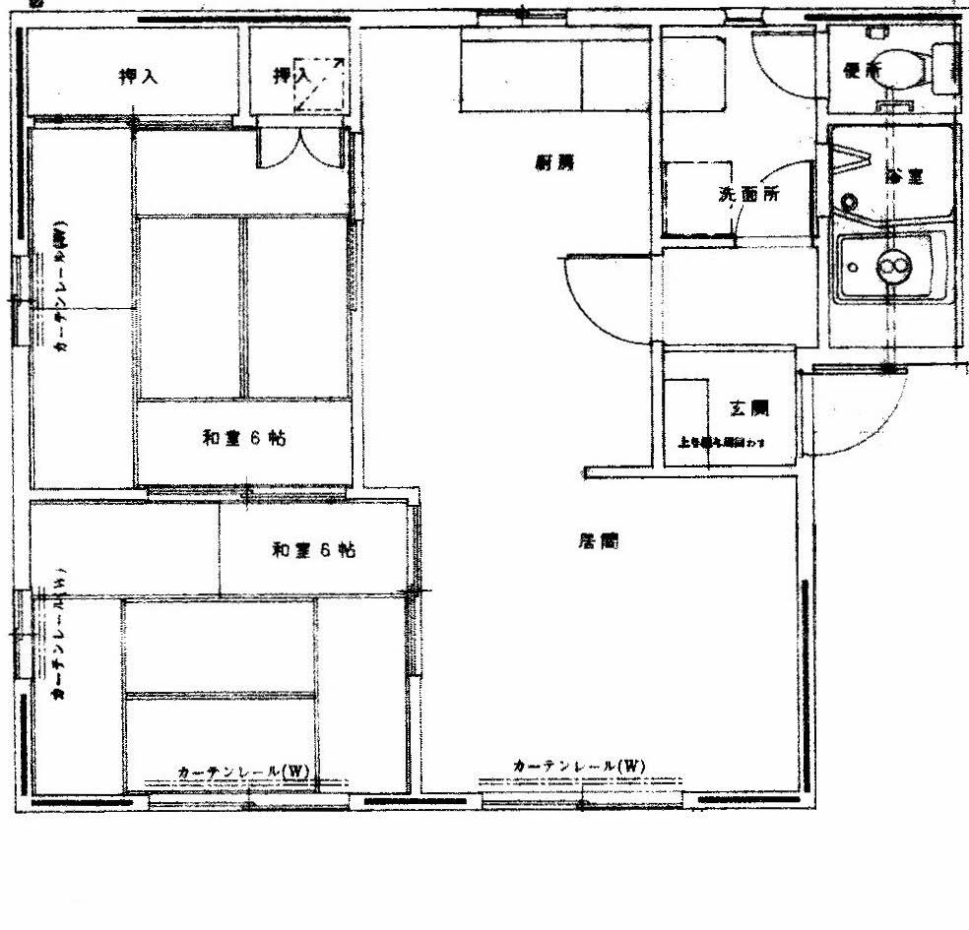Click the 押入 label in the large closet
(138, 76)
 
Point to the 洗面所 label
(749, 194)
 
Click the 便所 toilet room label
(863, 70)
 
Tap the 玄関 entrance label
(748, 407)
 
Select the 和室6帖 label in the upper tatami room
(244, 439)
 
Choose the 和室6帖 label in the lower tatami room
(314, 550)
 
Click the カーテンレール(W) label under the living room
(579, 766)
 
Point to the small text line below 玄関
(722, 442)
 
